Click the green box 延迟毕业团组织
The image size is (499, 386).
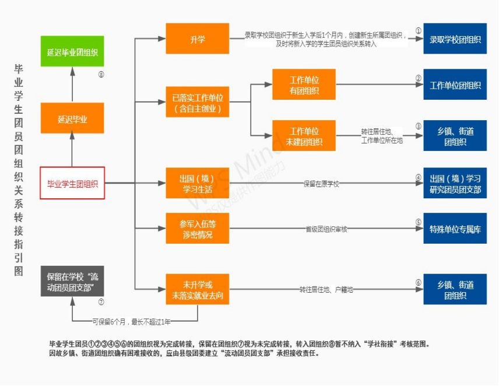pyautogui.click(x=72, y=51)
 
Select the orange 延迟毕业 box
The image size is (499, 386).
pyautogui.click(x=72, y=118)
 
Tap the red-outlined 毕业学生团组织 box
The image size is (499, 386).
pyautogui.click(x=72, y=183)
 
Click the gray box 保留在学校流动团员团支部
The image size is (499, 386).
pyautogui.click(x=72, y=281)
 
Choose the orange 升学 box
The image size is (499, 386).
pyautogui.click(x=197, y=38)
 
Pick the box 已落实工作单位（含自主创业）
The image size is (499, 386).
pyautogui.click(x=197, y=102)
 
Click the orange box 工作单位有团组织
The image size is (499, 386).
pyautogui.click(x=304, y=85)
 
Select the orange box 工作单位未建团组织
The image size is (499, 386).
pyautogui.click(x=304, y=135)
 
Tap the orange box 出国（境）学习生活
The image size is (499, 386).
pyautogui.click(x=197, y=183)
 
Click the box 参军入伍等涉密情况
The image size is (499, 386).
pyautogui.click(x=197, y=229)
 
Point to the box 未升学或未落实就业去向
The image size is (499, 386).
pyautogui.click(x=197, y=289)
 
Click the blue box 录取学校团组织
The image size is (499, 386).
pyautogui.click(x=455, y=38)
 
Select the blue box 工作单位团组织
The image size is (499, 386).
pyautogui.click(x=455, y=85)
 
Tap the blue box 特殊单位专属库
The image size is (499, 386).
pyautogui.click(x=455, y=229)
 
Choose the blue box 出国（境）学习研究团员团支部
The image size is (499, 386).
pyautogui.click(x=455, y=183)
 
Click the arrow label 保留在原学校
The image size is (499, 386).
pyautogui.click(x=321, y=184)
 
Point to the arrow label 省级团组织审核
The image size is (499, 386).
pyautogui.click(x=326, y=229)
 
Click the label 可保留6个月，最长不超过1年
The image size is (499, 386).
pyautogui.click(x=131, y=322)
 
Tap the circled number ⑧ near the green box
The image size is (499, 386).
pyautogui.click(x=101, y=75)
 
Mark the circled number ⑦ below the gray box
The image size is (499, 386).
pyautogui.click(x=101, y=302)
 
